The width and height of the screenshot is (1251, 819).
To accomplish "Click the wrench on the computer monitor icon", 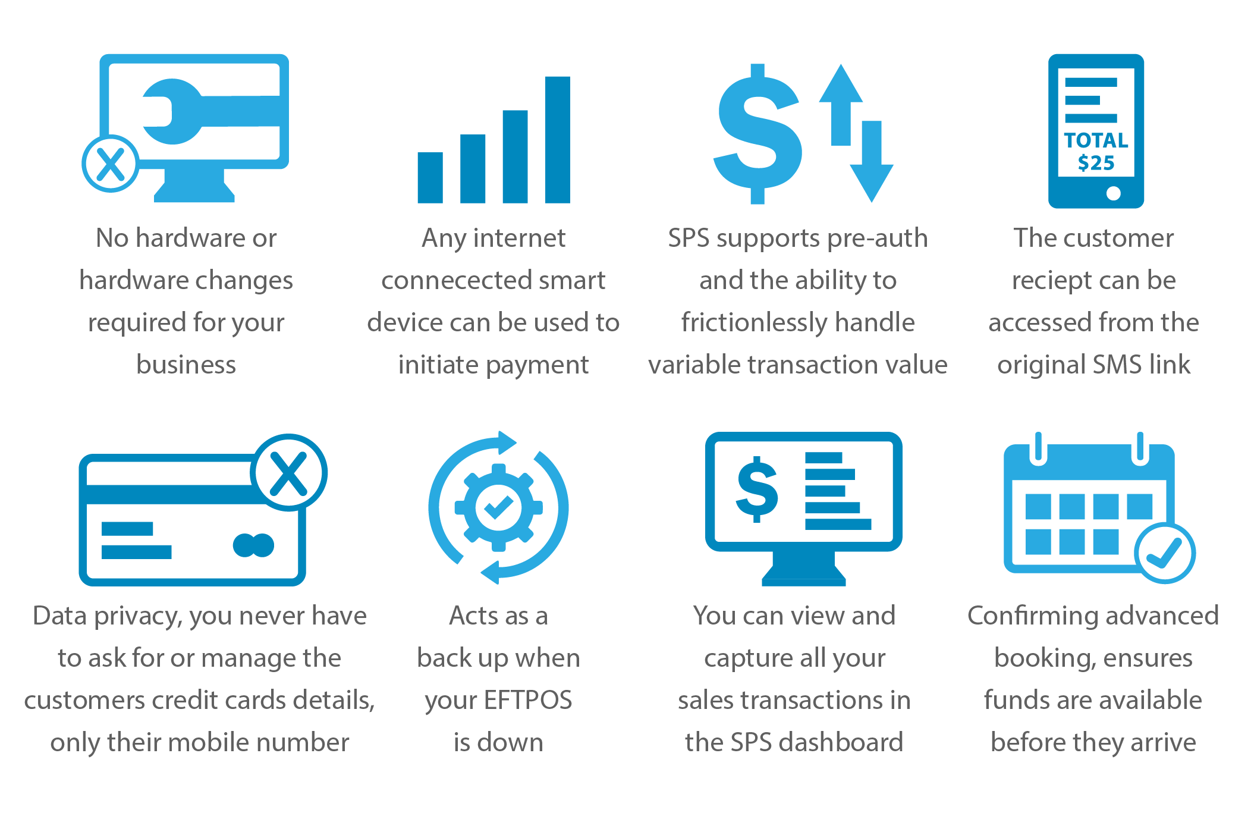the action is click(208, 111).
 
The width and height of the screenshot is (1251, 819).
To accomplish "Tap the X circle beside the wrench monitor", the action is click(111, 164).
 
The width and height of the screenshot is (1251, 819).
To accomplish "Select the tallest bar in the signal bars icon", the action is click(558, 140).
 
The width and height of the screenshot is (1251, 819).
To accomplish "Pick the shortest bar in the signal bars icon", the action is click(430, 178).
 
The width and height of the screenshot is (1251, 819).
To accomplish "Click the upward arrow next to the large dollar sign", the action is click(841, 105).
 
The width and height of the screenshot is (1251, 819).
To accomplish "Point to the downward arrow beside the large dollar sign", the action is click(872, 161).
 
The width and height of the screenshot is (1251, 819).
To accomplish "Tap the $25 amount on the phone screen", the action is click(1096, 163).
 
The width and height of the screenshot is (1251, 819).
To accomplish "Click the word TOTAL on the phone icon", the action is click(1096, 140).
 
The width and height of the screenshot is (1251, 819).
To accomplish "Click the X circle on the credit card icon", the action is click(289, 473).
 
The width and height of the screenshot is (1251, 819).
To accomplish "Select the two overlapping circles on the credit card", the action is click(254, 545).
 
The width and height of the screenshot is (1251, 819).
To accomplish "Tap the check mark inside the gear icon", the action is click(499, 507).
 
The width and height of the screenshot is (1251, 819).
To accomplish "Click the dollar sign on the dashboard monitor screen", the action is click(756, 489).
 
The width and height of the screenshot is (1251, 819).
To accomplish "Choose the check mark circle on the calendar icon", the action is click(1165, 553).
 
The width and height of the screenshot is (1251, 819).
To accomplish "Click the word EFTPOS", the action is click(528, 700).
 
